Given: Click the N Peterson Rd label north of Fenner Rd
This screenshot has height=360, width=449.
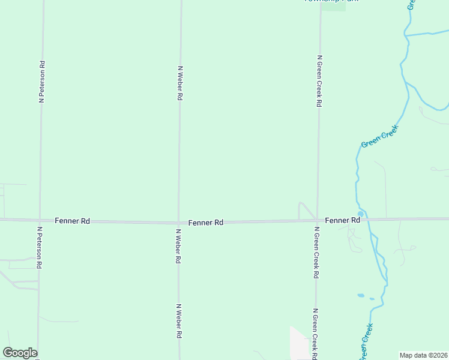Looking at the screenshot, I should click(42, 82).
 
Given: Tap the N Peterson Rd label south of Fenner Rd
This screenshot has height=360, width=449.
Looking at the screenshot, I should click(39, 247).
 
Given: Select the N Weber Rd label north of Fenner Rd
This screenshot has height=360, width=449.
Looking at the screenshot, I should click(180, 83).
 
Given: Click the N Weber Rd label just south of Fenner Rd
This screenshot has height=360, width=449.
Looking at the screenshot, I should click(178, 247).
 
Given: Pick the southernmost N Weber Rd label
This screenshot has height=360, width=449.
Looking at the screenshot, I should click(178, 321).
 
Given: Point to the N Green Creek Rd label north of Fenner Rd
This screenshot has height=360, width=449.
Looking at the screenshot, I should click(319, 81).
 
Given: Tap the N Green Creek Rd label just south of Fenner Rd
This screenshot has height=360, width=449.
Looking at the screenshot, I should click(316, 252).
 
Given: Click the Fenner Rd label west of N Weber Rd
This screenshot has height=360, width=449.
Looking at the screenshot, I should click(72, 221).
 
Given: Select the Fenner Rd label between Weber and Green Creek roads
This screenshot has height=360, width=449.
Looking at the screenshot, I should click(206, 223).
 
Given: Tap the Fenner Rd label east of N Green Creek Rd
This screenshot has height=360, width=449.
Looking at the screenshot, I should click(342, 220).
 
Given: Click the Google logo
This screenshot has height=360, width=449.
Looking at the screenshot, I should click(20, 353).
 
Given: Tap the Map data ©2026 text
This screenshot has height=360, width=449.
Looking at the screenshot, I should click(424, 355).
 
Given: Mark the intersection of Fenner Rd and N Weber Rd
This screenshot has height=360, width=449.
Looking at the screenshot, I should click(178, 222).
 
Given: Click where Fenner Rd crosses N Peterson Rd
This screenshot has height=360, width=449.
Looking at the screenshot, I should click(40, 220).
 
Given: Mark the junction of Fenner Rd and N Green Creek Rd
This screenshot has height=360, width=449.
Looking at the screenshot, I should click(317, 221).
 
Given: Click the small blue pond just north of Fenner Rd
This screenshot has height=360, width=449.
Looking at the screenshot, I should click(360, 214).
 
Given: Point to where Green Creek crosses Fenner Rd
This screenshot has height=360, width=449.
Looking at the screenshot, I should click(364, 220).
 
